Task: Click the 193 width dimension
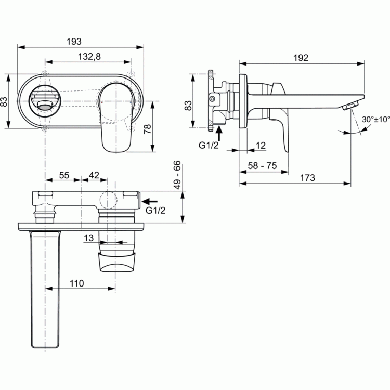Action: [x=74, y=41]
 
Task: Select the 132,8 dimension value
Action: [x=89, y=57]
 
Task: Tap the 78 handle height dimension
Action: [x=148, y=129]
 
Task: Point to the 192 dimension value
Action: [x=301, y=58]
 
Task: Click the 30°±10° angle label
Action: [x=376, y=120]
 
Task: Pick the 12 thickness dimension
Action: [x=261, y=145]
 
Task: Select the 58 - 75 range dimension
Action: [x=262, y=166]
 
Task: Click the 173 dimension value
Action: [x=307, y=178]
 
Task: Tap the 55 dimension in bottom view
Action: [x=64, y=175]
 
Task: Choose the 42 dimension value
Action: [x=94, y=175]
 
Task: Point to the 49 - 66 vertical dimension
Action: [x=177, y=175]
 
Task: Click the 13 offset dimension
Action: [x=88, y=238]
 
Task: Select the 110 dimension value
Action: [x=77, y=283]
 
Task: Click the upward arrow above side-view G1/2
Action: [x=219, y=134]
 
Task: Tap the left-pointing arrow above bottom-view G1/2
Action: [x=149, y=201]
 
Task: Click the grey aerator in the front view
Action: [x=45, y=108]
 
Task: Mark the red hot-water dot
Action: [x=102, y=102]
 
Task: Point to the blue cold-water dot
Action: [x=131, y=102]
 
